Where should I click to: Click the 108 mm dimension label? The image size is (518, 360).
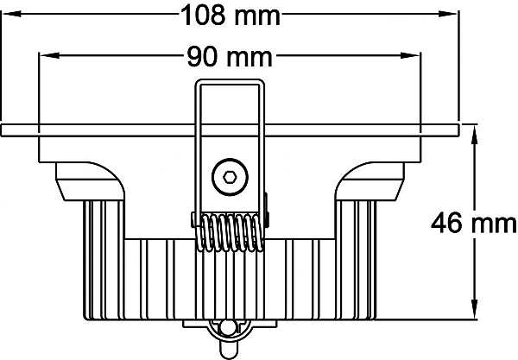click(x=231, y=16)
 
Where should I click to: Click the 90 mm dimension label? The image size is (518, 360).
click(x=230, y=57)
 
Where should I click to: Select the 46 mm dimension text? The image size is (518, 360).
click(x=473, y=223)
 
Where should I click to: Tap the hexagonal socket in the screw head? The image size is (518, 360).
click(x=230, y=177)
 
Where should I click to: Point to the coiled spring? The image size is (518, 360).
click(x=230, y=232)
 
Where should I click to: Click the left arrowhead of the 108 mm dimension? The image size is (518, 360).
click(x=11, y=14)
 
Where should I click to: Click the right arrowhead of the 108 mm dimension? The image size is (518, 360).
click(x=447, y=14)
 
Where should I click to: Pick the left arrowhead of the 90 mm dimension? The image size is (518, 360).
click(x=49, y=55)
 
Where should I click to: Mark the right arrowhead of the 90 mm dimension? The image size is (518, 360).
click(x=410, y=55)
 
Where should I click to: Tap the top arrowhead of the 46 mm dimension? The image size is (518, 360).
click(x=474, y=135)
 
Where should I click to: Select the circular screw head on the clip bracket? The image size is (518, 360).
click(x=230, y=177)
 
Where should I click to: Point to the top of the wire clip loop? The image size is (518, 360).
click(x=230, y=81)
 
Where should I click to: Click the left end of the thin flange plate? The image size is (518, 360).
click(x=3, y=130)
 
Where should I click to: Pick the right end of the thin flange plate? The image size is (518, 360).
click(x=458, y=130)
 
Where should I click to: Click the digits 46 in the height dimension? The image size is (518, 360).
click(x=446, y=223)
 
